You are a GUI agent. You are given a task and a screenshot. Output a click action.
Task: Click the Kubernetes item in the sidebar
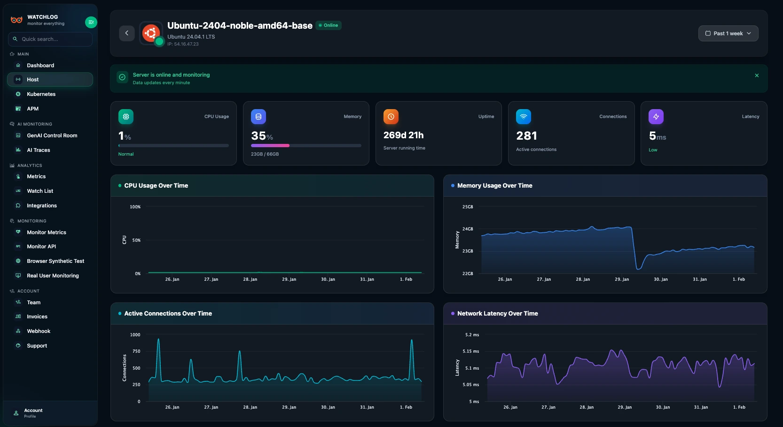tap(41, 94)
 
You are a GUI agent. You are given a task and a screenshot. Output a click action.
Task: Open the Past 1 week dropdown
tap(728, 33)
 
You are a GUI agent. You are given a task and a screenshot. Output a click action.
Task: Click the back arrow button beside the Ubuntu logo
tap(127, 33)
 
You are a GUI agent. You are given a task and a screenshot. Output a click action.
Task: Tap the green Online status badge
tap(329, 25)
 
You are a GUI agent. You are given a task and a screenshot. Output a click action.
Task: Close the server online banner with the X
tap(757, 75)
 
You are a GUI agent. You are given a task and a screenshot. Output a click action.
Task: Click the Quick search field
tap(50, 39)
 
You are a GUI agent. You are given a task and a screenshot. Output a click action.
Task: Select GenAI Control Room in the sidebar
tap(52, 135)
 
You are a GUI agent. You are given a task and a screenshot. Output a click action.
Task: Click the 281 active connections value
tap(526, 136)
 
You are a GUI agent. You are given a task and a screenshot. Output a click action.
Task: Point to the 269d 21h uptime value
tap(403, 135)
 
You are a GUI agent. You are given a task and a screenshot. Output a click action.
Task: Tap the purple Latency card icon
tap(656, 117)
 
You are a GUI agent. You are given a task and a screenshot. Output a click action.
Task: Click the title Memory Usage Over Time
tap(494, 186)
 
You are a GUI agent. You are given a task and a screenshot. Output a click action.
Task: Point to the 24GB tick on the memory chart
tap(468, 229)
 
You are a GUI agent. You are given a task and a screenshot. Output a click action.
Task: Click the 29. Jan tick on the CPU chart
tap(289, 279)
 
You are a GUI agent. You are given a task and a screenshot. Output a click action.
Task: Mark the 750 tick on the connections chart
tap(136, 351)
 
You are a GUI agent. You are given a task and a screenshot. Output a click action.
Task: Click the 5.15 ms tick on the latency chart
tap(470, 351)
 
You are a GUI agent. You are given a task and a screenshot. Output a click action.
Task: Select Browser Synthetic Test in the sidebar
tap(55, 261)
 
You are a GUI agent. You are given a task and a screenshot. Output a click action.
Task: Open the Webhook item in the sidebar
tap(39, 331)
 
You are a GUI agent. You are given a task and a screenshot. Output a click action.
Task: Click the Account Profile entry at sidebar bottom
tap(33, 413)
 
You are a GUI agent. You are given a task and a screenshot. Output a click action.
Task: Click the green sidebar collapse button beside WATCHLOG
tap(91, 22)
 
